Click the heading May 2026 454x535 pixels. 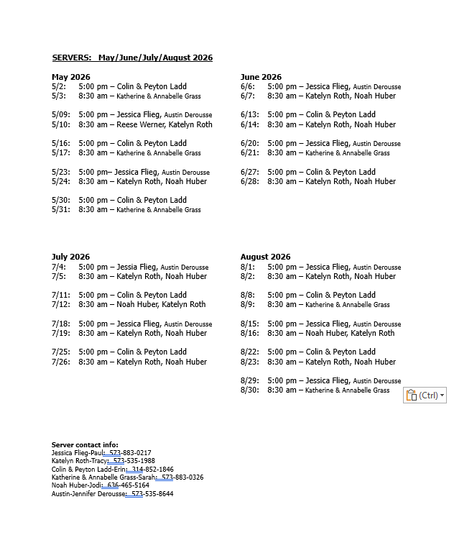(x=71, y=77)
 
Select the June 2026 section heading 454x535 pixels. (x=261, y=77)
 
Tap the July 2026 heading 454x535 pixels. (x=70, y=257)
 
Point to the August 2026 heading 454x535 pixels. (x=265, y=257)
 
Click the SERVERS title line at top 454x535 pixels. (x=132, y=58)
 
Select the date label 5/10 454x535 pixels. (x=61, y=124)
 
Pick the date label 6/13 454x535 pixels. (x=249, y=114)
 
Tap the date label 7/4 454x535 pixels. (x=58, y=267)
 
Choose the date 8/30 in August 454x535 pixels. (x=249, y=390)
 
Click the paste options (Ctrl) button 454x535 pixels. (x=425, y=395)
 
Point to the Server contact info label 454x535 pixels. (x=85, y=445)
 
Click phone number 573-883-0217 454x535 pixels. (x=135, y=453)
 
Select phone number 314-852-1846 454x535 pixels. (x=157, y=470)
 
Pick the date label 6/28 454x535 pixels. (x=249, y=182)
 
